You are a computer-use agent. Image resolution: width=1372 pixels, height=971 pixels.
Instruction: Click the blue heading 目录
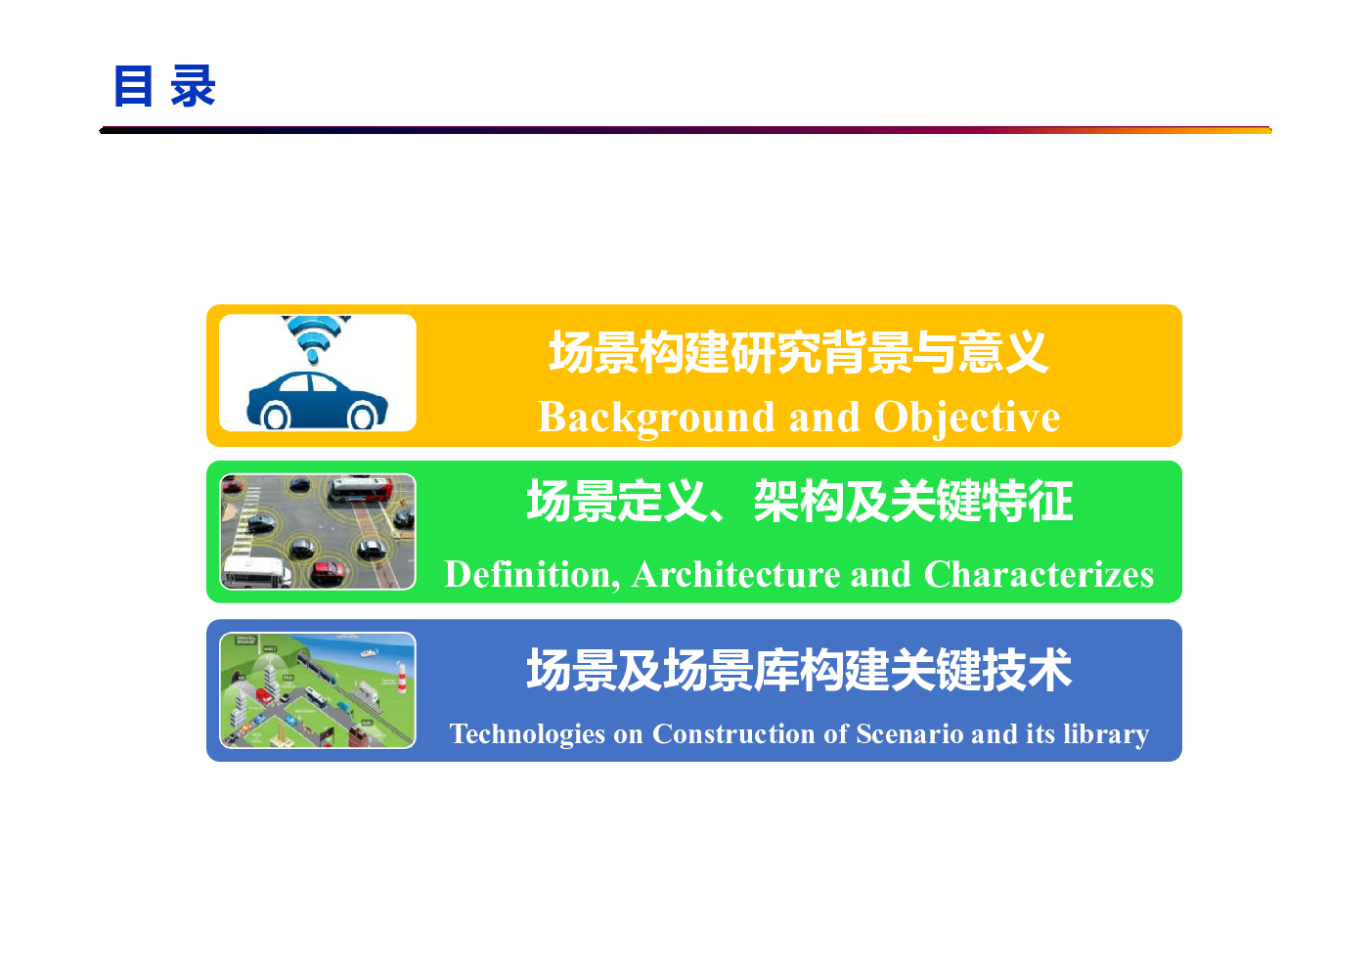164,86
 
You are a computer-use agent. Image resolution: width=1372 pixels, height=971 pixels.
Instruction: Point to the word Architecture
735,575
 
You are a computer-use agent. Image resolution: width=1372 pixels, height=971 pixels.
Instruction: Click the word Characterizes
1039,575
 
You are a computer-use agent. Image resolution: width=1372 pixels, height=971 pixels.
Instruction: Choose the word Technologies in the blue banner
527,734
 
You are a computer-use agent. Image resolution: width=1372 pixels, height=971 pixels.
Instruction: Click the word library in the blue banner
1106,734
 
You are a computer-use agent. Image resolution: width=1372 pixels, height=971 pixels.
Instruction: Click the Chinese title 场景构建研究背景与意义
798,352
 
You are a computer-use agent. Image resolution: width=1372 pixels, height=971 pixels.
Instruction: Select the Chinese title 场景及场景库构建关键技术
799,670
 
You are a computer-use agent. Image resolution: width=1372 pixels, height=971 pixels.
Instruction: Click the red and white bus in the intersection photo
360,490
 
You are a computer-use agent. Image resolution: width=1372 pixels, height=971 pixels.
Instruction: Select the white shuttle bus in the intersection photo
256,572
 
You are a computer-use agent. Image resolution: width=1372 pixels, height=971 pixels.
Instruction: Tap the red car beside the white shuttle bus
328,572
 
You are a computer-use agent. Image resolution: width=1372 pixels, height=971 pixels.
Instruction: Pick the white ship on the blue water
369,653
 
